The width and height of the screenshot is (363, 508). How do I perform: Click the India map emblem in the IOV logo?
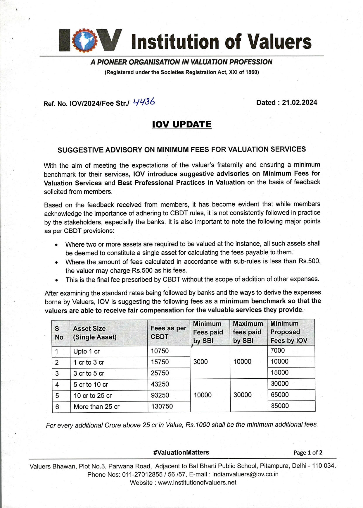tap(85, 41)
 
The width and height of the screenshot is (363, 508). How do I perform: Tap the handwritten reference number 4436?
tap(144, 102)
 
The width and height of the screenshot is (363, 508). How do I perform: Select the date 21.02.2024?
tap(300, 102)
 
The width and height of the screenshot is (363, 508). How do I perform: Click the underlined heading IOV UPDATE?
tap(181, 124)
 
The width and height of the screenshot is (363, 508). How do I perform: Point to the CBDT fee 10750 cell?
tap(160, 351)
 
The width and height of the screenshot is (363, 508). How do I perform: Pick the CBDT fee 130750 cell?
tap(162, 406)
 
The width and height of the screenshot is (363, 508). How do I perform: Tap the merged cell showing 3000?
tap(200, 362)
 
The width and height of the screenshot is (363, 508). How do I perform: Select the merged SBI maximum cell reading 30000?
tap(242, 395)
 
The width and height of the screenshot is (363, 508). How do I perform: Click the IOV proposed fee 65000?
tap(279, 394)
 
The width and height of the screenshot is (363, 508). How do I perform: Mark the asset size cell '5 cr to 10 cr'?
tap(91, 385)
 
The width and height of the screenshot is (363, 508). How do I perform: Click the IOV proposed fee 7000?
tap(277, 350)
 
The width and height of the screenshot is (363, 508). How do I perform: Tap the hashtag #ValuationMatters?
tap(181, 452)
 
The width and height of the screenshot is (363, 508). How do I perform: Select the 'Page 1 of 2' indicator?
tap(308, 453)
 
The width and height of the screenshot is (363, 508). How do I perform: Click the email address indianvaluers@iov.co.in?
tap(245, 474)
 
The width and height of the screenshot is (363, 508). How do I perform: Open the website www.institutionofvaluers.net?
tap(197, 483)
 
